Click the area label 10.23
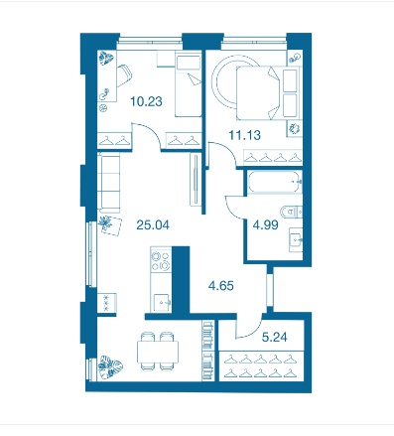[146, 101]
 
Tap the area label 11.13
[245, 135]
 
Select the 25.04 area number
[153, 225]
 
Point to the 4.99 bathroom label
[265, 225]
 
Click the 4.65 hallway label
[221, 285]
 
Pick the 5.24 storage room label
[274, 337]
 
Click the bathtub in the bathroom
[275, 182]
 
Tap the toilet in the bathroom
[291, 212]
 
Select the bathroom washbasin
[296, 239]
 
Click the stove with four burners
[161, 261]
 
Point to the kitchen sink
[162, 301]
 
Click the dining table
[158, 352]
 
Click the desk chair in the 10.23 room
[124, 75]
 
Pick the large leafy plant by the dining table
[110, 366]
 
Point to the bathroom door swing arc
[231, 211]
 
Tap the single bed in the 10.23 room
[189, 85]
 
